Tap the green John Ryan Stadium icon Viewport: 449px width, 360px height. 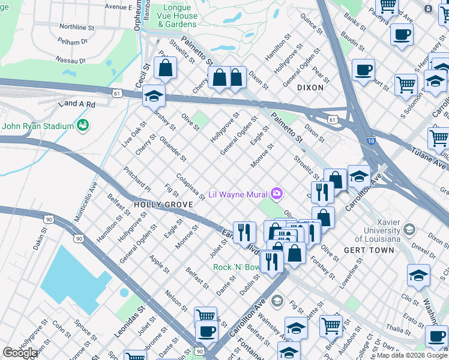coord(83,125)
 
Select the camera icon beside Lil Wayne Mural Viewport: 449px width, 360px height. coord(277,193)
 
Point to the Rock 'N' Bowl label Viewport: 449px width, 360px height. coord(237,267)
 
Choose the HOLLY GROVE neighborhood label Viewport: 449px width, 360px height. coord(163,205)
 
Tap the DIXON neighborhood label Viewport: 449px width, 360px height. coord(310,88)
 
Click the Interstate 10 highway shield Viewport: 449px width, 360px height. coord(372,141)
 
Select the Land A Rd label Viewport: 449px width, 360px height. coord(77,104)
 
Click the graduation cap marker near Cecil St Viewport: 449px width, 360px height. coord(154,96)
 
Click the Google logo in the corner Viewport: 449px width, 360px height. coord(20,353)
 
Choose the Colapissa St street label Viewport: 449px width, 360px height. coord(191,187)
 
